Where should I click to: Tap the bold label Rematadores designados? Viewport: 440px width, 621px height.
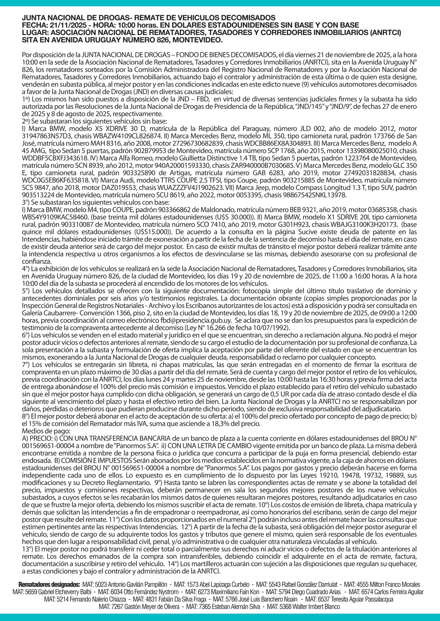[49, 585]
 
